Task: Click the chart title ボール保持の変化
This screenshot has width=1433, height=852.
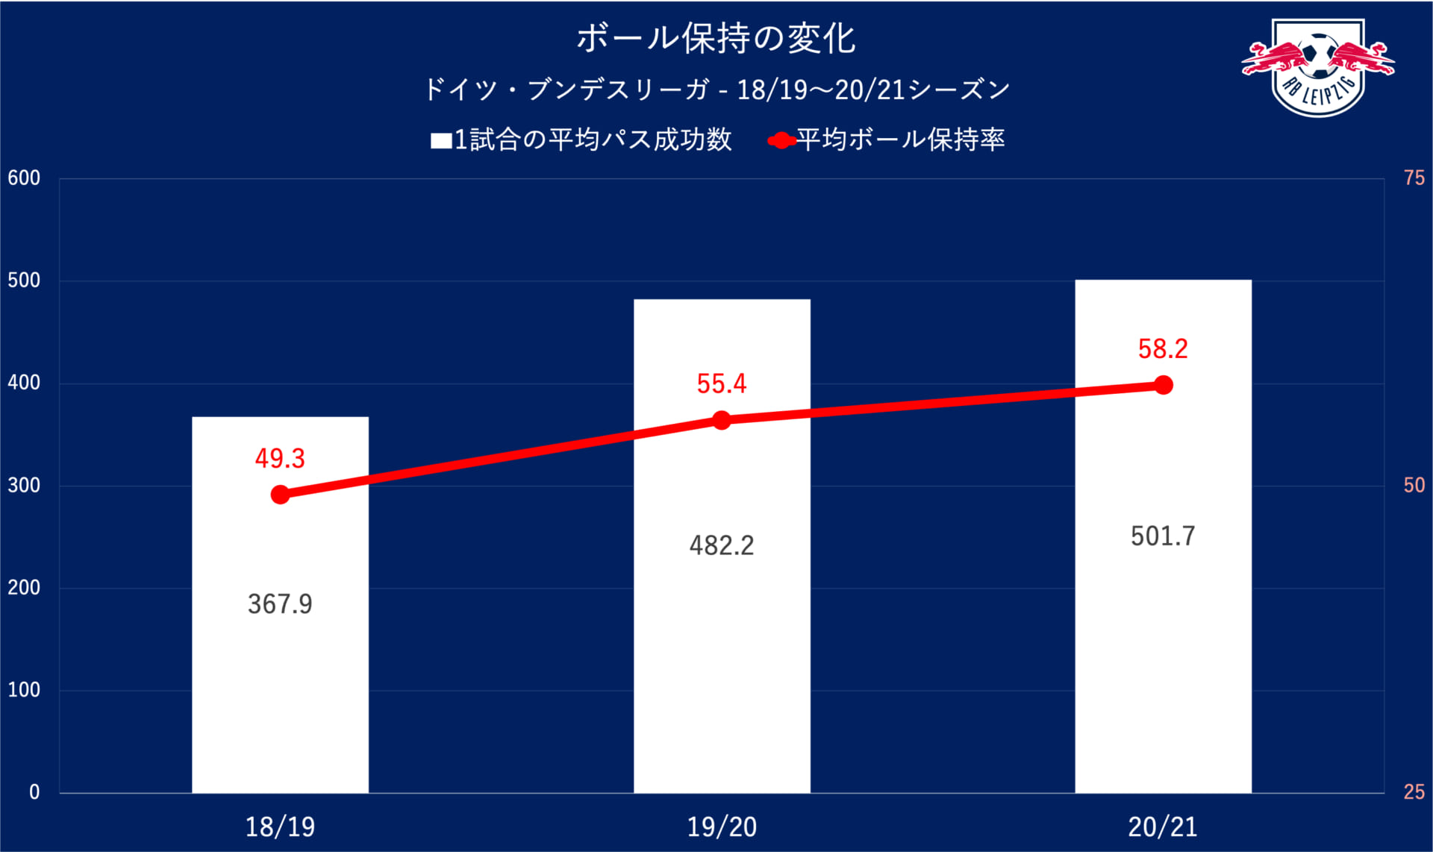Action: click(716, 39)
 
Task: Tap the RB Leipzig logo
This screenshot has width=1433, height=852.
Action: click(1318, 67)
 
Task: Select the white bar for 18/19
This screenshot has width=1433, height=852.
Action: click(280, 671)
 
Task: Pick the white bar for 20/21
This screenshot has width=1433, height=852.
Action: click(1163, 657)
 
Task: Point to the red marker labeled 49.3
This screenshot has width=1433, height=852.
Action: click(280, 495)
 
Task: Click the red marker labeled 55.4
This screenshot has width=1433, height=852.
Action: click(721, 421)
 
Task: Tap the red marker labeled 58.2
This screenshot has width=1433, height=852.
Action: click(1163, 385)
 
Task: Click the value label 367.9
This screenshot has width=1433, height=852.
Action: click(280, 604)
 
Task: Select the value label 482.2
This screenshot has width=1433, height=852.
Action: click(721, 545)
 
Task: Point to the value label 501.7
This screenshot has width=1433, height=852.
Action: click(1163, 536)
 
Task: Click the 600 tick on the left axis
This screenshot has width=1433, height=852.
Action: click(24, 178)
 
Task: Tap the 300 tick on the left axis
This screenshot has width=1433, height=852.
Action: click(24, 486)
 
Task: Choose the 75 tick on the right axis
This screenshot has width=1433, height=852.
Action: click(1414, 178)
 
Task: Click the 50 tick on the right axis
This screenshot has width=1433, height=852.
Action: click(1414, 486)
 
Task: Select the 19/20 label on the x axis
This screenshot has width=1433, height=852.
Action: click(721, 827)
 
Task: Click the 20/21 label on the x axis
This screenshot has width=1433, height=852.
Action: click(1163, 827)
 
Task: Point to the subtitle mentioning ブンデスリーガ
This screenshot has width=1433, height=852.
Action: click(716, 90)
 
